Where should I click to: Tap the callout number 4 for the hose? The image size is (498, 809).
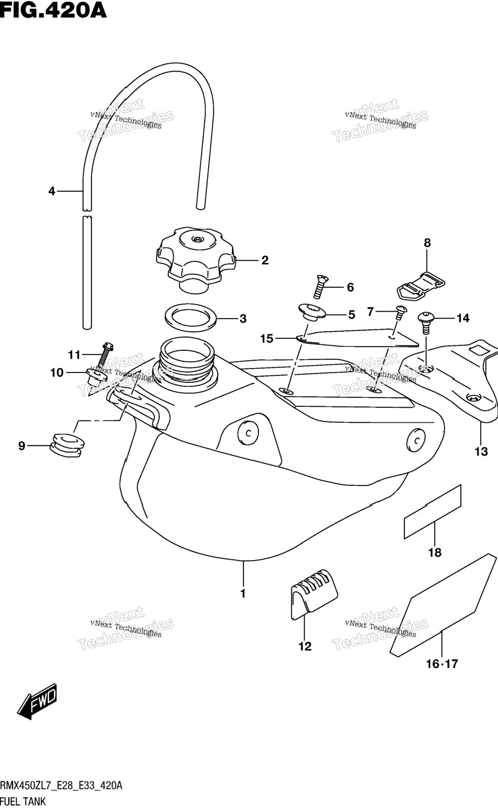pos(52,191)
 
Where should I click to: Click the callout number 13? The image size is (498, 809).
pos(481,451)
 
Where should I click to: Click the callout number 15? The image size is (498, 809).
pos(267,339)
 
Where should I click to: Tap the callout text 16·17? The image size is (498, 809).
pos(442,664)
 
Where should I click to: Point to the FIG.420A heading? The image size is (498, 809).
pos(53,10)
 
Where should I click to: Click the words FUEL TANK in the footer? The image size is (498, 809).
pos(23,802)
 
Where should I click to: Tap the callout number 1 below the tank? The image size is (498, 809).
pos(243,593)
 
